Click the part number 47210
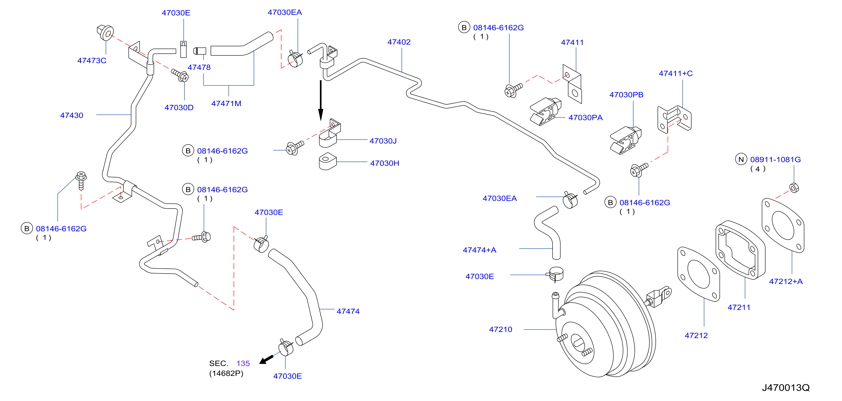500,329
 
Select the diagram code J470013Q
786,387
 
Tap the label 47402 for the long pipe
399,42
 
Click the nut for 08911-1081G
794,188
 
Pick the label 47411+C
676,73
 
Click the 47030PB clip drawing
626,140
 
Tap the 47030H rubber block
328,161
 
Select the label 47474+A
480,250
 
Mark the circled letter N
741,159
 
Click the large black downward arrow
321,101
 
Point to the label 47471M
226,103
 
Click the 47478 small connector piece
200,51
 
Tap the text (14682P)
226,373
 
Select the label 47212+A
786,281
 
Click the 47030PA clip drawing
545,112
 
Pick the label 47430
72,115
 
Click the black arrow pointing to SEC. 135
266,359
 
